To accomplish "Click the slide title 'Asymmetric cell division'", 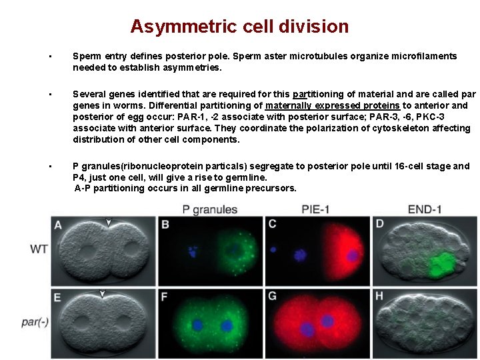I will [x=239, y=27].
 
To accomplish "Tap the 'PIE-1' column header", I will [x=316, y=209].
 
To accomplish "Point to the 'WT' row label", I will [x=39, y=249].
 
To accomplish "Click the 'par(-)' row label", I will [x=34, y=321].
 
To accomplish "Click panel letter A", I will [x=58, y=225].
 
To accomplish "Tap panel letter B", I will [x=165, y=225].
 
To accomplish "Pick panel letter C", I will [x=272, y=225].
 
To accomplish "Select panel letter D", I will [x=379, y=224].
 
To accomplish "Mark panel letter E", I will [x=58, y=297].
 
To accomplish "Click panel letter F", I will [x=165, y=297].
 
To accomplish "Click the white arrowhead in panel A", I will [x=109, y=222].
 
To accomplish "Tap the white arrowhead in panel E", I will [x=102, y=294].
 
